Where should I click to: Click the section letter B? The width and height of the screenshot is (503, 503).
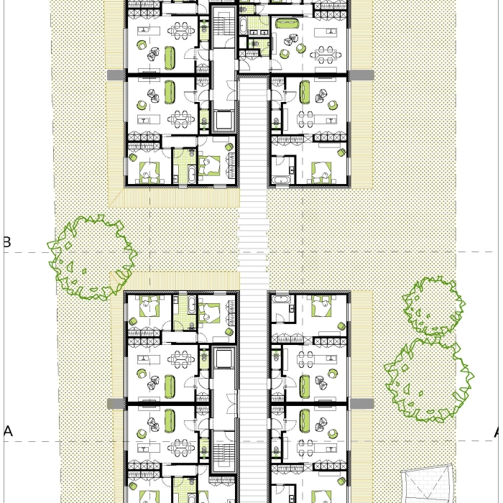[7, 242]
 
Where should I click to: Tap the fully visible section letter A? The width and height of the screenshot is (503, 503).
[9, 431]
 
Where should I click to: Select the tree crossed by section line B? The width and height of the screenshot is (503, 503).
[92, 257]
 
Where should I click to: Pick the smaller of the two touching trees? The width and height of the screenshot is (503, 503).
[434, 306]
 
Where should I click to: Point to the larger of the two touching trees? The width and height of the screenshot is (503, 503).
[429, 380]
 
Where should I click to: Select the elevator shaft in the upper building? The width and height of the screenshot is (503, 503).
[224, 120]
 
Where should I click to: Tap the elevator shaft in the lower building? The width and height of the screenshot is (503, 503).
[224, 359]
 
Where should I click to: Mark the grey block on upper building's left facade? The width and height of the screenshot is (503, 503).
[115, 75]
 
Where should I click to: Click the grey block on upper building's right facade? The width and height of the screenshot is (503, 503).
[361, 75]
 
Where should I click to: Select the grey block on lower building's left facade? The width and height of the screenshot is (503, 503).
[115, 404]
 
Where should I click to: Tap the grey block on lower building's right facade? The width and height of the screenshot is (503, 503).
[361, 404]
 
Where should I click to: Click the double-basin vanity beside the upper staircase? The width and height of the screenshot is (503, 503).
[260, 32]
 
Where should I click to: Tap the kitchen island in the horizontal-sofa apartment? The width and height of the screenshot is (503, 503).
[326, 32]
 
